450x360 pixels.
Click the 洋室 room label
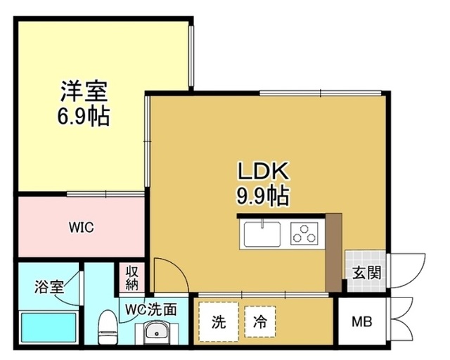point(84,91)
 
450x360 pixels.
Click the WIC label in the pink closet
point(81,228)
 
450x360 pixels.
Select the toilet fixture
point(107,326)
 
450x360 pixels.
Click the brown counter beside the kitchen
point(333,250)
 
